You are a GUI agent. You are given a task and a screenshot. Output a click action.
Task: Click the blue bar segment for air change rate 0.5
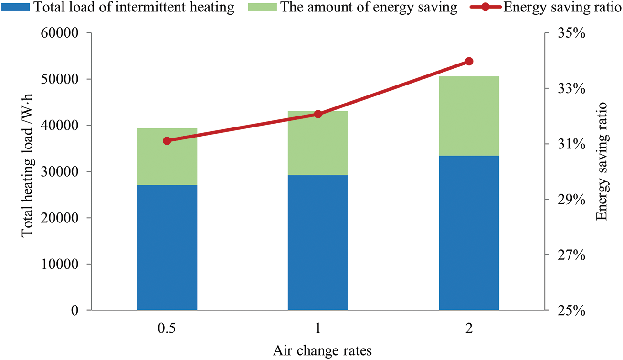pos(167,247)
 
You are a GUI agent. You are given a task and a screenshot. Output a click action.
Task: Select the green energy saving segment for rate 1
pos(318,143)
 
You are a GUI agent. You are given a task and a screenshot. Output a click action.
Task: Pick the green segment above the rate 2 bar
pos(469,116)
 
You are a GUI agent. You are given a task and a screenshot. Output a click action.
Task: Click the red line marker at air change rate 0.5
pos(167,141)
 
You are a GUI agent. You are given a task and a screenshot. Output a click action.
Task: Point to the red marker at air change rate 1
pos(318,114)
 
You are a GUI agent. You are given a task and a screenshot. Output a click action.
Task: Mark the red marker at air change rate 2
pos(469,61)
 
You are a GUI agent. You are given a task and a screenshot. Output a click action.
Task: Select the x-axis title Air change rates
pos(322,351)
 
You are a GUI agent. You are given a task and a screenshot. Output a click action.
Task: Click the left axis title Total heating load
pos(28,172)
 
